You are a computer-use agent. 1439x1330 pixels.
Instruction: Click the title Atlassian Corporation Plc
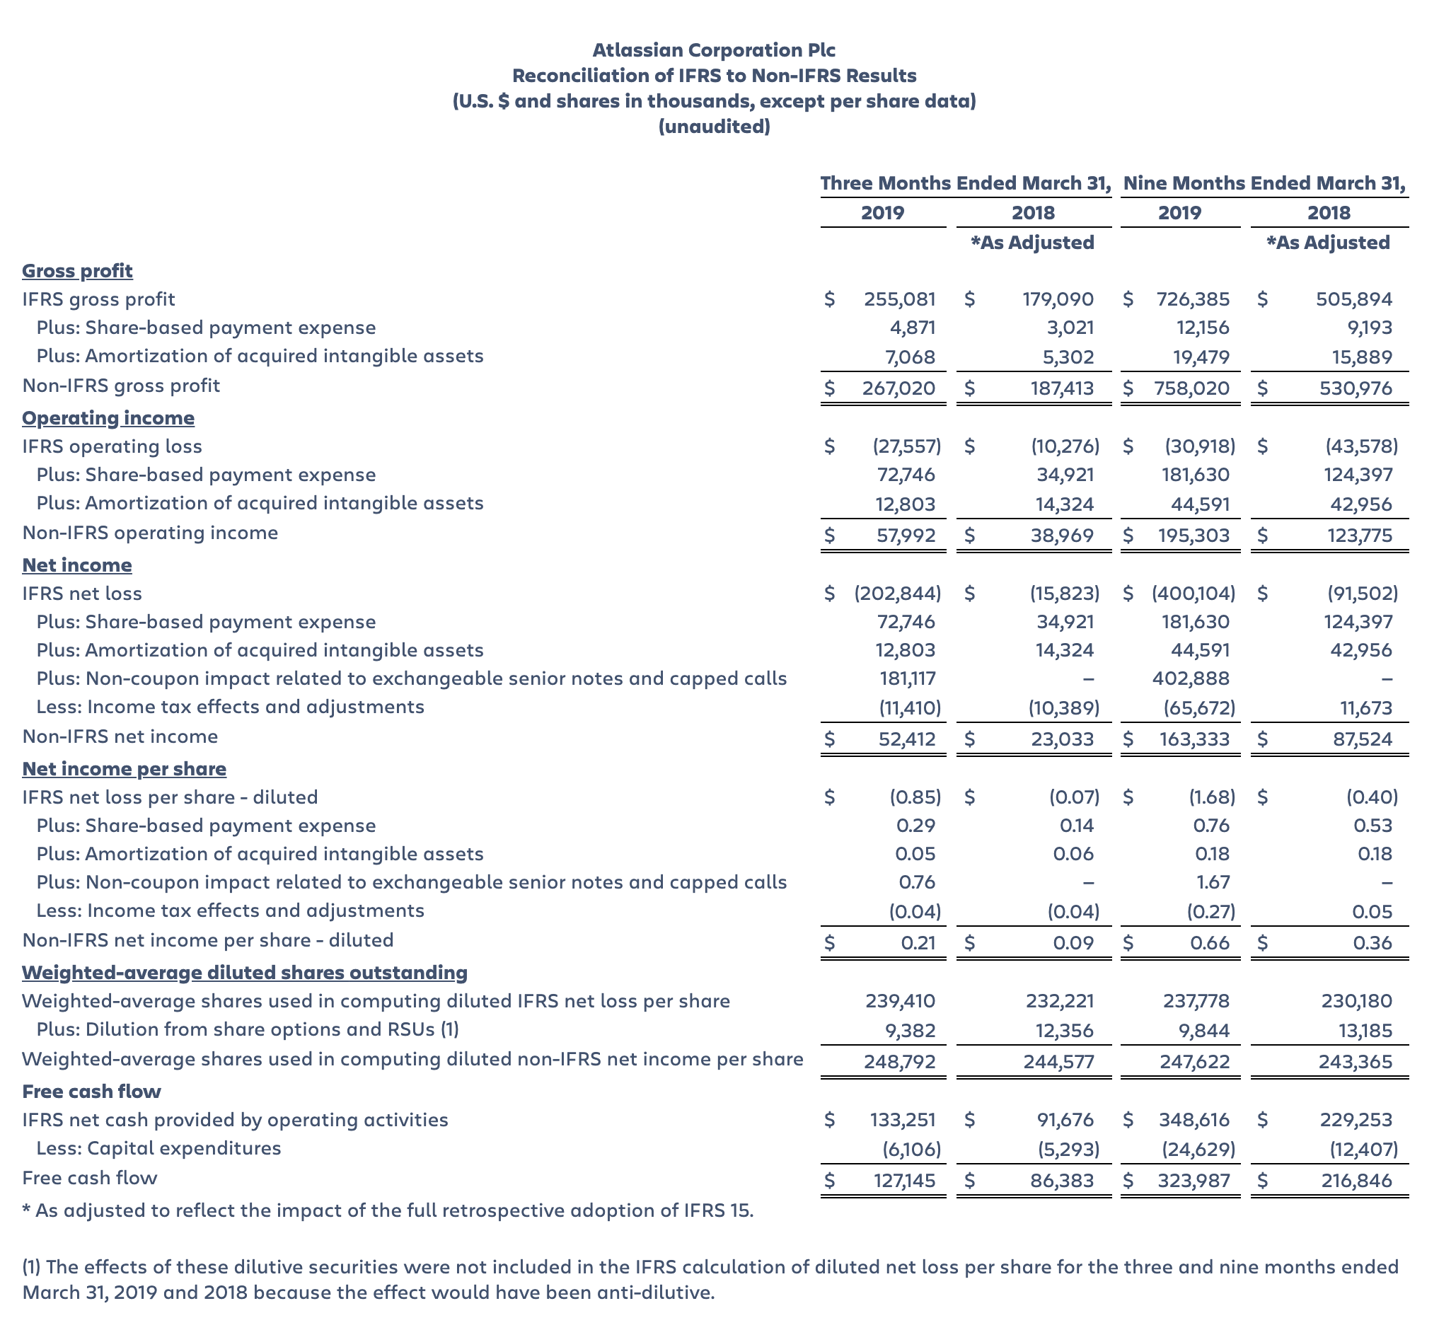point(713,50)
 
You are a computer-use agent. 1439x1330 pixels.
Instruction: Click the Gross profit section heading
point(77,271)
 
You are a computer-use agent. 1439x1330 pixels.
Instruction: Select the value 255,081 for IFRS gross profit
point(899,299)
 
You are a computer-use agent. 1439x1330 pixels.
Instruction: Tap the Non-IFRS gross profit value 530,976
point(1356,388)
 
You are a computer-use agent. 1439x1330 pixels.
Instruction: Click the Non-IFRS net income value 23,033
point(1061,739)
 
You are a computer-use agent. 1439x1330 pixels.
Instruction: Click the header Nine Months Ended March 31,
point(1264,183)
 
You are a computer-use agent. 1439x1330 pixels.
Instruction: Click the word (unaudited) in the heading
point(713,127)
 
